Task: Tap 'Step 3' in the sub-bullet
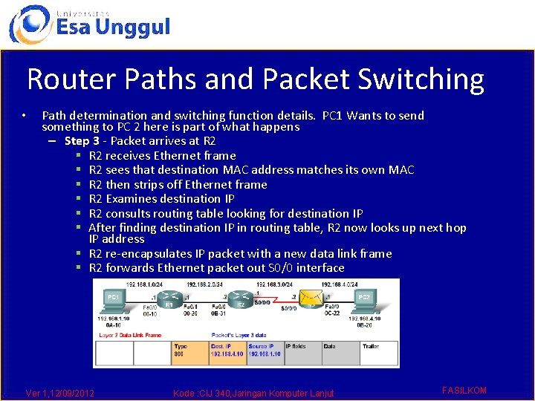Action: click(82, 141)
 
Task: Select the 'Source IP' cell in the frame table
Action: click(265, 351)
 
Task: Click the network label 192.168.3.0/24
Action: click(274, 284)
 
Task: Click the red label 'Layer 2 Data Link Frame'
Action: click(129, 336)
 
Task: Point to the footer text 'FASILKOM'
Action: click(464, 390)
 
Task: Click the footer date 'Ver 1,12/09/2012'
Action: click(59, 392)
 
